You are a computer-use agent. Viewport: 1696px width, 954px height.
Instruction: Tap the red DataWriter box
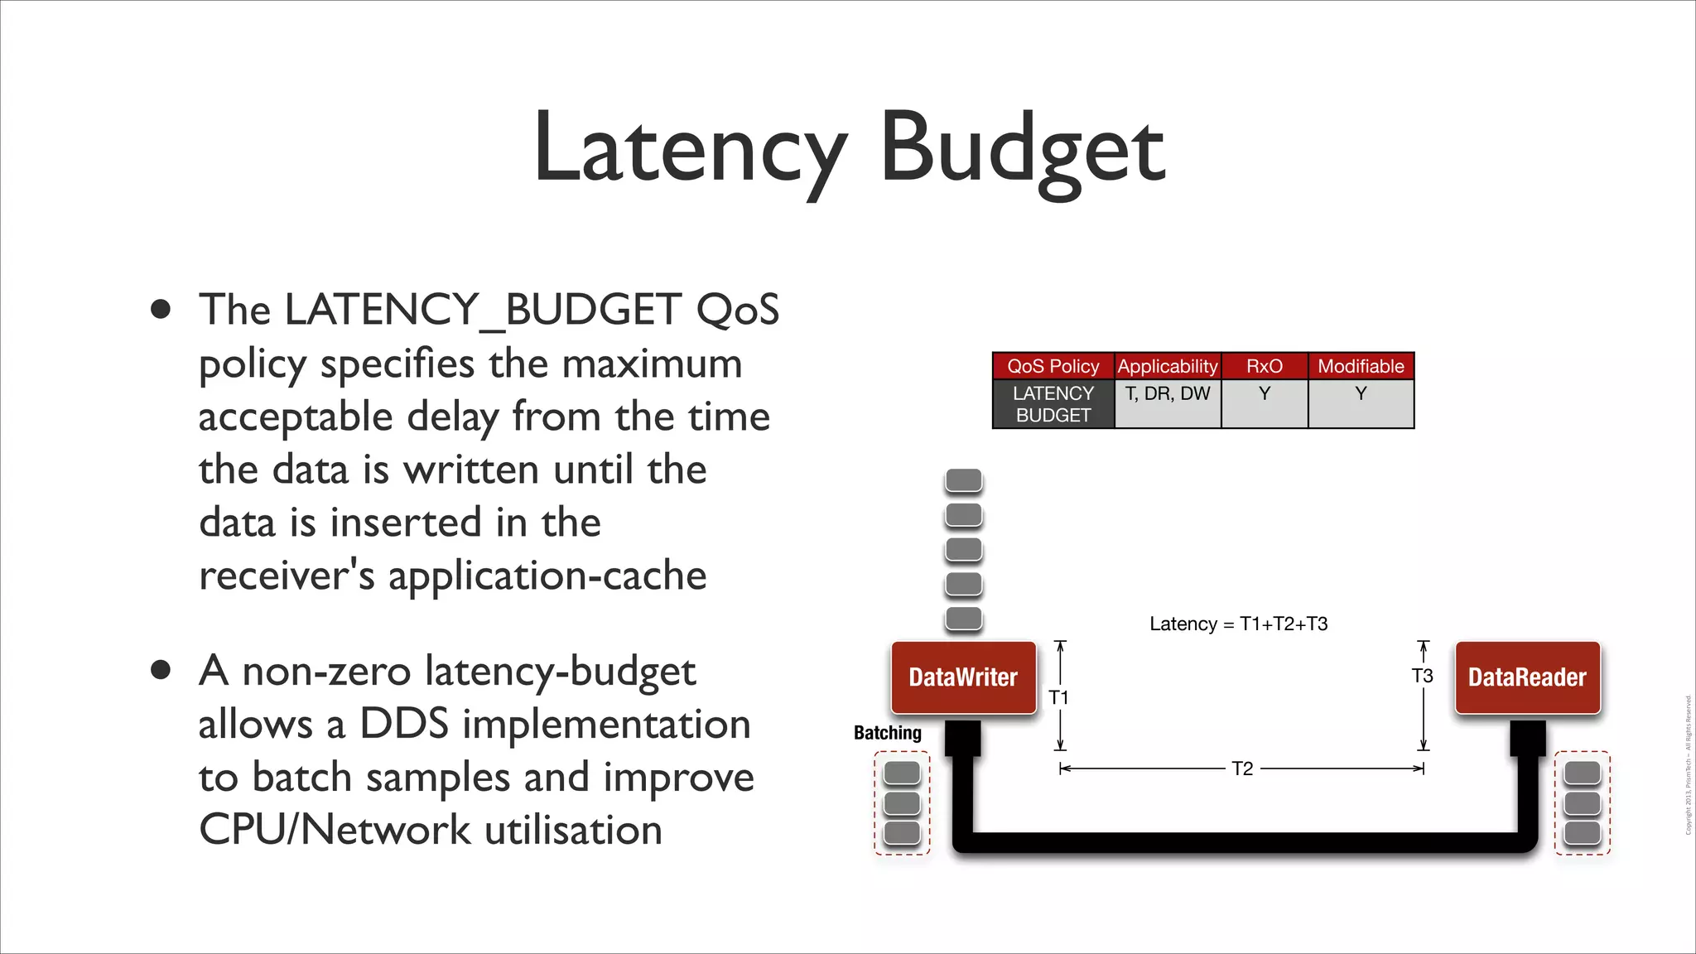[x=963, y=677]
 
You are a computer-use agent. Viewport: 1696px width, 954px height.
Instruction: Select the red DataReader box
[x=1527, y=677]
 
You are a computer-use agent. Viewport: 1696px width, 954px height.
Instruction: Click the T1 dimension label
[x=1058, y=697]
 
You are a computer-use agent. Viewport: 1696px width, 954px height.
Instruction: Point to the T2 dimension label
[x=1242, y=768]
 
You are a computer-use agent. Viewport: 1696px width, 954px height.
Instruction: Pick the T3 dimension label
[x=1422, y=676]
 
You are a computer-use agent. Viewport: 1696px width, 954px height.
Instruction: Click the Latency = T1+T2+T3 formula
[x=1238, y=624]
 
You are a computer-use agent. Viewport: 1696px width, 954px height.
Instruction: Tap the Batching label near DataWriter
[x=887, y=733]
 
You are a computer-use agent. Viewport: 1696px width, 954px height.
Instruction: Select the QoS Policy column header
[x=1053, y=366]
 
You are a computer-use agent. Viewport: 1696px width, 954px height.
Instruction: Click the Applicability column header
[x=1167, y=366]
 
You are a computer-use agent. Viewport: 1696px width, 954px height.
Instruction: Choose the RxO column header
[x=1264, y=366]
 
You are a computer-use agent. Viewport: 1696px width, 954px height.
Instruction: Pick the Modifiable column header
[x=1361, y=366]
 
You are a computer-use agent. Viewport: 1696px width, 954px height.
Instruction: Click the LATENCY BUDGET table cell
[x=1053, y=404]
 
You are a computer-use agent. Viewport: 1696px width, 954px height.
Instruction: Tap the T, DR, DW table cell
[x=1167, y=394]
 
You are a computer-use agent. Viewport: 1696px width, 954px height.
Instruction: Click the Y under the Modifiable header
[x=1361, y=394]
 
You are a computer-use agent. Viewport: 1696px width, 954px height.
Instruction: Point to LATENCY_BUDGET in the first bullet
[x=483, y=310]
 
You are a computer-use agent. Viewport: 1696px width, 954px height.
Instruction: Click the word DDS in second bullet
[x=404, y=724]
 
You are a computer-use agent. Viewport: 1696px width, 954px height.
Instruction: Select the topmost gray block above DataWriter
[x=963, y=480]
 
